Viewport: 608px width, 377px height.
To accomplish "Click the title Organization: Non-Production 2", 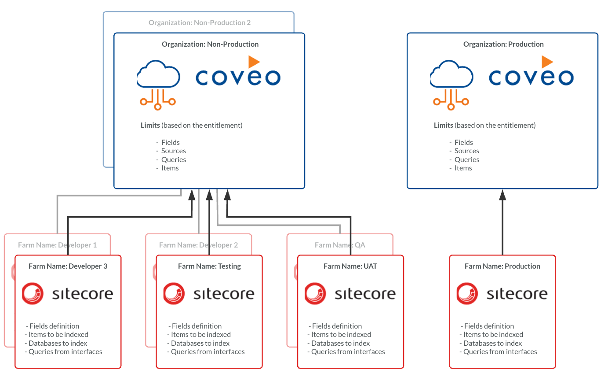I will tap(199, 22).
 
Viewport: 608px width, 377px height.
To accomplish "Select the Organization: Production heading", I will tap(503, 44).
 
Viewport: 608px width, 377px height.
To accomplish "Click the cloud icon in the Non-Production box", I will tap(158, 86).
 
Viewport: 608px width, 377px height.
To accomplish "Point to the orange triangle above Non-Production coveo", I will tap(253, 61).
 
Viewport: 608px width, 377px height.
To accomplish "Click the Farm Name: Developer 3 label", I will tap(68, 266).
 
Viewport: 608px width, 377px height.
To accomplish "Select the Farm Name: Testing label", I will tap(209, 266).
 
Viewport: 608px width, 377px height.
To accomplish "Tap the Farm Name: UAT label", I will tap(350, 266).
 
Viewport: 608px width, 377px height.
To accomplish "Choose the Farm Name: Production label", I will tap(502, 266).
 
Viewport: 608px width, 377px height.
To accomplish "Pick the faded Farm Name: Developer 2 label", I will tap(198, 245).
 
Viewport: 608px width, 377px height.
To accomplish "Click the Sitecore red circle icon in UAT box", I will tap(316, 293).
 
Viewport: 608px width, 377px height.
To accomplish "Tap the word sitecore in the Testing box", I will tap(224, 294).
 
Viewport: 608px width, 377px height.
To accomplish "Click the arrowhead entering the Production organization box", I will tap(502, 195).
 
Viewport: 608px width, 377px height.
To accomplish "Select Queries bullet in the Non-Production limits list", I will tap(173, 159).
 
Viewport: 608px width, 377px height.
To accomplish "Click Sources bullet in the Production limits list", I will tap(466, 151).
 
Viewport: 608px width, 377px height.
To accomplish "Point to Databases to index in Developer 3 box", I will tap(57, 343).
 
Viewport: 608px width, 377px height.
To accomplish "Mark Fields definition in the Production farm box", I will tap(488, 326).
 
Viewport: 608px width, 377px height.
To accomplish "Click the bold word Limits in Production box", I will tap(443, 125).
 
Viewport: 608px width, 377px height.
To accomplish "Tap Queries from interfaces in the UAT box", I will tap(347, 351).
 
